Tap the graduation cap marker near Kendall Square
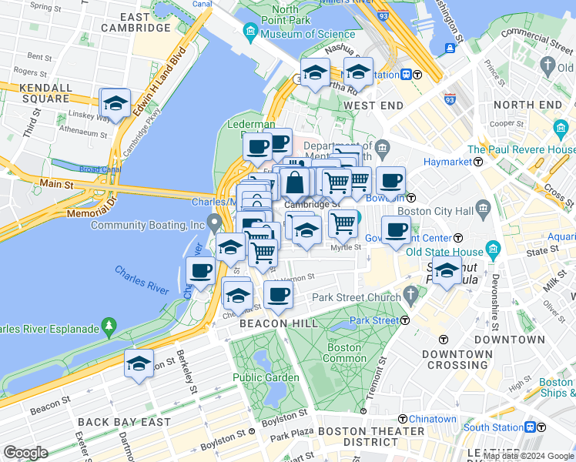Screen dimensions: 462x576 pyautogui.click(x=115, y=104)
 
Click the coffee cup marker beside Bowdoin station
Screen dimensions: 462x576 pyautogui.click(x=390, y=181)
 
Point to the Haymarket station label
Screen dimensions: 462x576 pyautogui.click(x=450, y=162)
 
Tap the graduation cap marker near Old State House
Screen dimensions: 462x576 pyautogui.click(x=447, y=272)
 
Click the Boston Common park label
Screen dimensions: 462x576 pyautogui.click(x=346, y=353)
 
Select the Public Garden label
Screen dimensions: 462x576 pyautogui.click(x=266, y=377)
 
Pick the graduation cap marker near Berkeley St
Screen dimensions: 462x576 pyautogui.click(x=139, y=364)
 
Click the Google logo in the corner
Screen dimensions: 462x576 pyautogui.click(x=25, y=452)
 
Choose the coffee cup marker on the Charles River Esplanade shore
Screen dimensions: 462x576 pyautogui.click(x=200, y=272)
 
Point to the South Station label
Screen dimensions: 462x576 pyautogui.click(x=492, y=427)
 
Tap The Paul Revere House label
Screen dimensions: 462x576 pyautogui.click(x=521, y=149)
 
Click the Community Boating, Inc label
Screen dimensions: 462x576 pyautogui.click(x=146, y=225)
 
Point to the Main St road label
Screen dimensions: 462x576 pyautogui.click(x=57, y=185)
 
